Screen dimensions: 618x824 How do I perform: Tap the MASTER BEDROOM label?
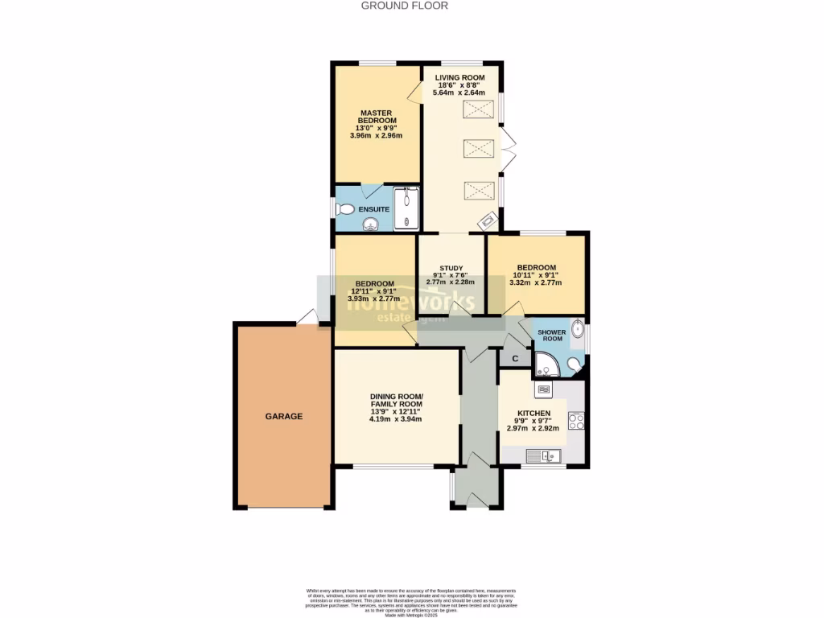tap(376, 117)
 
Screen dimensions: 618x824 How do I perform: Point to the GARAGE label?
tap(284, 416)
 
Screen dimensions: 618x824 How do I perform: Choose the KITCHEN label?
tap(533, 413)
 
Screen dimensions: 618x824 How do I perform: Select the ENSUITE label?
tap(374, 209)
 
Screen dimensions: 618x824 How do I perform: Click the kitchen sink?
tap(544, 456)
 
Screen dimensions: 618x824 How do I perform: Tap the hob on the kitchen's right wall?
tap(575, 421)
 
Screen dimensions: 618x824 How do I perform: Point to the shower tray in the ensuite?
tap(406, 209)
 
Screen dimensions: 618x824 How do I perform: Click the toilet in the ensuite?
tap(345, 209)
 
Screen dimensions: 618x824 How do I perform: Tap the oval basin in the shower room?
tap(577, 329)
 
